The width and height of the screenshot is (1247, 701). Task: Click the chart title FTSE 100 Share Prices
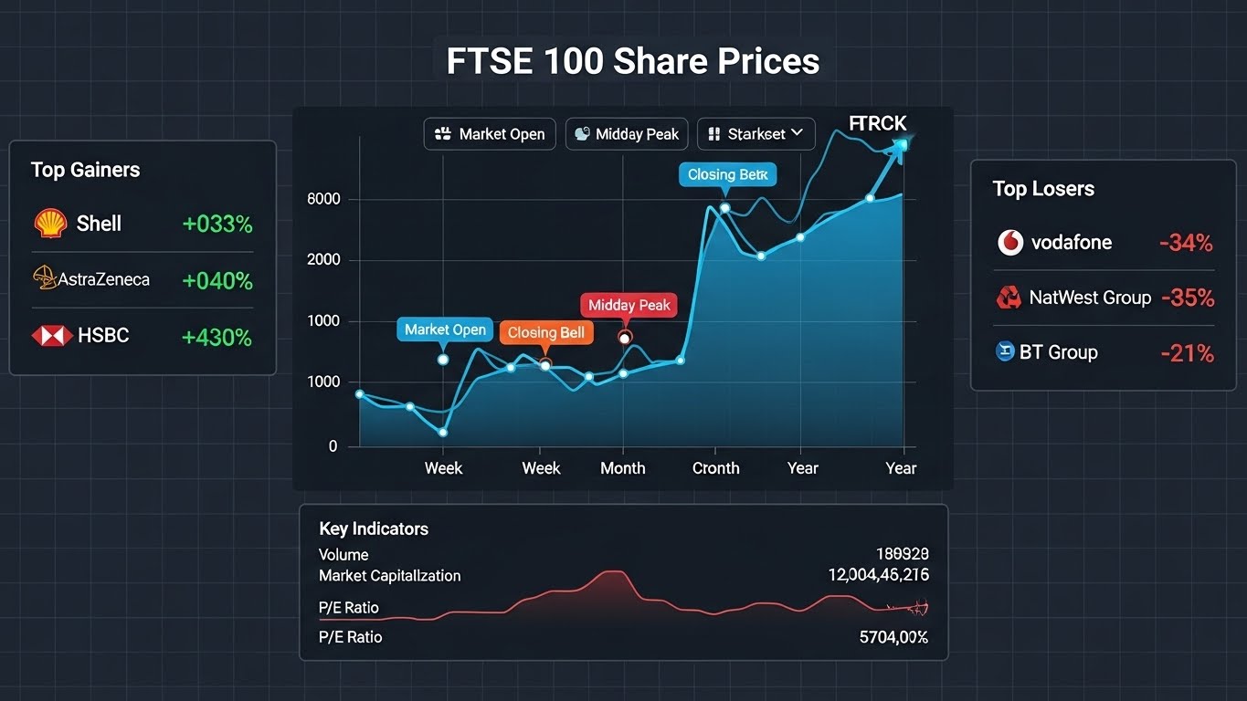tap(632, 61)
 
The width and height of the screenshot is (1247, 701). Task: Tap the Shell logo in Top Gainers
tap(50, 224)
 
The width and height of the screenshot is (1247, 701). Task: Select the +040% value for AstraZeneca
tap(217, 280)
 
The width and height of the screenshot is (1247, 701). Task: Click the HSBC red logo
tap(52, 336)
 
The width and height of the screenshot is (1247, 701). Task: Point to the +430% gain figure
tap(217, 337)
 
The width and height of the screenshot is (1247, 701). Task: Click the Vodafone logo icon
tap(1009, 243)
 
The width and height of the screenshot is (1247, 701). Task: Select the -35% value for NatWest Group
tap(1187, 298)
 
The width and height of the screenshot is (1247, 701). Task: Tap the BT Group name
tap(1058, 352)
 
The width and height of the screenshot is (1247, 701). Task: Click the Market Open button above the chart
tap(490, 134)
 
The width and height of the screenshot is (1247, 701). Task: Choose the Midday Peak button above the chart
tap(626, 134)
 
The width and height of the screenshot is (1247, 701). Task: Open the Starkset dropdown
tap(756, 134)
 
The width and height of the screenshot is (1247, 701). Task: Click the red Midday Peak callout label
tap(629, 305)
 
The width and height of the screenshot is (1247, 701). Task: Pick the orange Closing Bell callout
tap(545, 332)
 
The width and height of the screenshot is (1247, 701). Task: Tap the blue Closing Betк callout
tap(727, 174)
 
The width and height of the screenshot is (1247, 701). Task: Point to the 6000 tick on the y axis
tap(323, 199)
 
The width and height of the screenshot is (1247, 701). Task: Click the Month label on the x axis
tap(622, 468)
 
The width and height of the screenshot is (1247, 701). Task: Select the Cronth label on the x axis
tap(715, 468)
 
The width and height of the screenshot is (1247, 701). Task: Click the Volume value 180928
tap(902, 554)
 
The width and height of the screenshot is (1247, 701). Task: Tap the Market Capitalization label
tap(389, 576)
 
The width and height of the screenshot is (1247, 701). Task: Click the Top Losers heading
tap(1043, 189)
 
